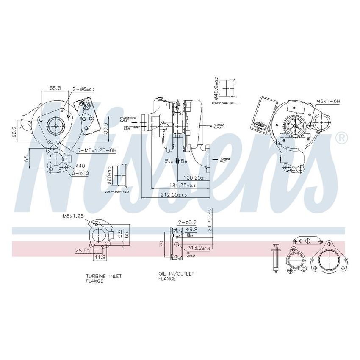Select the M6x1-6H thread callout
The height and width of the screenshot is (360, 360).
pos(328,102)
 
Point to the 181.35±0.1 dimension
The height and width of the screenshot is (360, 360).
pos(175,185)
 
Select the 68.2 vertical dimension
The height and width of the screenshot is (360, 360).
pos(15,132)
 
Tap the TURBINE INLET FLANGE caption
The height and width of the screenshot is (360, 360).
pos(103,278)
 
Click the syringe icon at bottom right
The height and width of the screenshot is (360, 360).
pos(275,259)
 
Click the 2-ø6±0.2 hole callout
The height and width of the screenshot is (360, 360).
pos(83,89)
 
